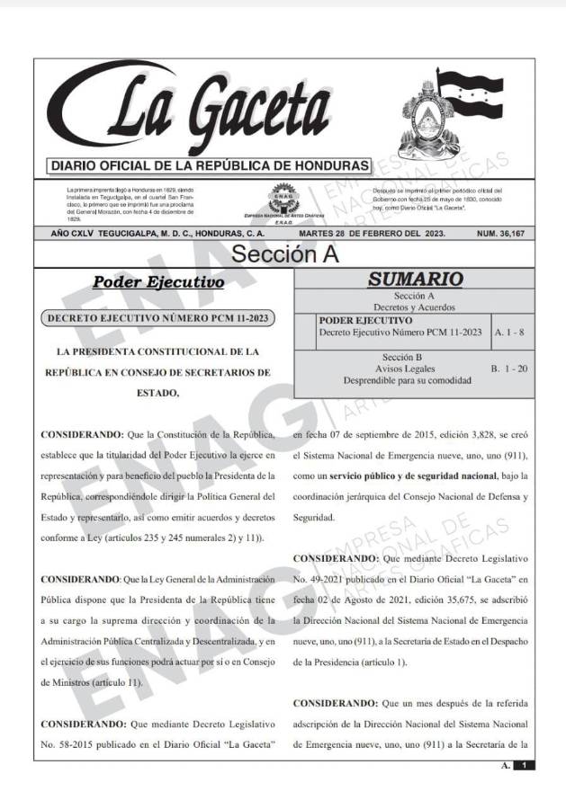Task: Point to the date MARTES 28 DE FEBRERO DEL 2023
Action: pyautogui.click(x=373, y=234)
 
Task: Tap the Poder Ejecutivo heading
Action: pyautogui.click(x=158, y=283)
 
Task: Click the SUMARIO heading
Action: pyautogui.click(x=414, y=280)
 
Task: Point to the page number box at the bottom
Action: pyautogui.click(x=522, y=765)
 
